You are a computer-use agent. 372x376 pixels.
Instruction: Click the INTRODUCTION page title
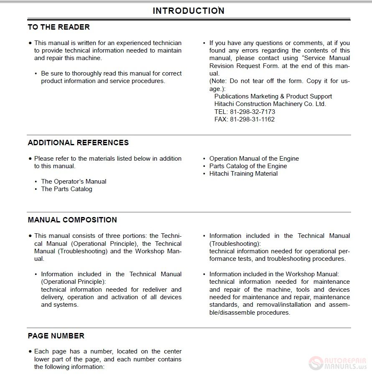pos(189,11)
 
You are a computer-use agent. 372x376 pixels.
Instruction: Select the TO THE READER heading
pos(59,27)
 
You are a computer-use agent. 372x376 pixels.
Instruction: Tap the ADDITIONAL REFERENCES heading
pos(78,143)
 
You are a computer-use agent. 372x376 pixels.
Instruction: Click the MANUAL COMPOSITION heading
pos(72,220)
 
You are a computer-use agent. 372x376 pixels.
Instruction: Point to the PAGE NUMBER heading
pos(56,336)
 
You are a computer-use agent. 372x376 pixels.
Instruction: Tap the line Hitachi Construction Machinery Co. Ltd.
pos(270,104)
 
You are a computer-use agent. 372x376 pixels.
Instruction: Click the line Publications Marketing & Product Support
pos(273,96)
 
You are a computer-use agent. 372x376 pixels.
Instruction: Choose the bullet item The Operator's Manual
pos(74,182)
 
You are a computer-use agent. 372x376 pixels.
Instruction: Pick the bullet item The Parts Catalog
pos(66,189)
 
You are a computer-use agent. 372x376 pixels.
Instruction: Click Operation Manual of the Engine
pos(254,159)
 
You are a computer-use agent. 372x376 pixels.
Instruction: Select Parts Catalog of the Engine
pos(248,166)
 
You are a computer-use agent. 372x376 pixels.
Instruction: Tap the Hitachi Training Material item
pos(243,174)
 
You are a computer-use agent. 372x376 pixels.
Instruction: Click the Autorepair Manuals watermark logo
pos(339,362)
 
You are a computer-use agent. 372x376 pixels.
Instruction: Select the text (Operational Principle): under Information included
pos(73,282)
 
